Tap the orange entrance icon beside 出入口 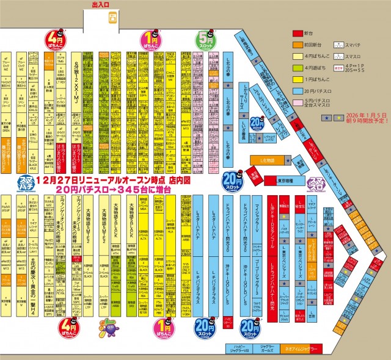point(113,19)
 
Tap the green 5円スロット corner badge point(206,41)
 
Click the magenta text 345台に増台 point(140,190)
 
